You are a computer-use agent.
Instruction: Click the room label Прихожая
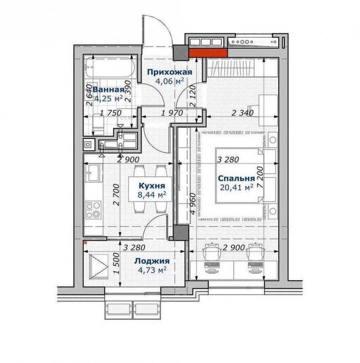pos(170,72)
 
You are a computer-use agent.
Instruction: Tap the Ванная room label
pos(109,90)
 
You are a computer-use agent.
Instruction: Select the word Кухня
pos(152,186)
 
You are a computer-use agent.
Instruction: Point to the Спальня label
pos(236,179)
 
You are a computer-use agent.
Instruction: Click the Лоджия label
pos(152,261)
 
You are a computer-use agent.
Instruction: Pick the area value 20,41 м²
pos(237,187)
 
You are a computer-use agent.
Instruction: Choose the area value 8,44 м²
pos(152,194)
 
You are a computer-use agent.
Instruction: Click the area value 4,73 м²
pos(152,270)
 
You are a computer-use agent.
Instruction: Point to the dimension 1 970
pos(172,113)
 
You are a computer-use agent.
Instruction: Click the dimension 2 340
pos(243,113)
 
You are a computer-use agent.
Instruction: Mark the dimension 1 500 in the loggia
pos(117,263)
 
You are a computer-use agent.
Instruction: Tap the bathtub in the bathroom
pos(109,67)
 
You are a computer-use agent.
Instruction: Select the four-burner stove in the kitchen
pos(93,210)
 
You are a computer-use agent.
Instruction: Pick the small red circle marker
pos(86,243)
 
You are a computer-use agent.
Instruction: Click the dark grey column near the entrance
pos(180,53)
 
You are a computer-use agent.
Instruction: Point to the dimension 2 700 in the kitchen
pos(117,195)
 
